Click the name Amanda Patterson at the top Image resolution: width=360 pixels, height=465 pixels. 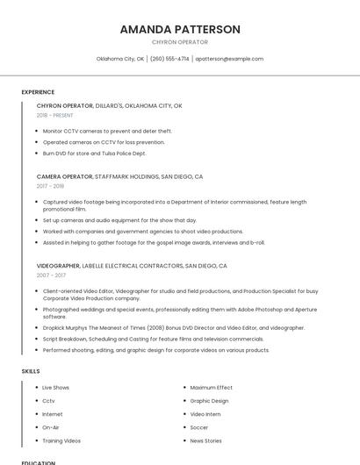point(180,29)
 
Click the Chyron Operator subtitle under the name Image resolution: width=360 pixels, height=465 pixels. point(180,42)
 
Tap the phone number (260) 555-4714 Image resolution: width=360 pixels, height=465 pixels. point(169,59)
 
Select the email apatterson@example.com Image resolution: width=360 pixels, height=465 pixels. point(229,59)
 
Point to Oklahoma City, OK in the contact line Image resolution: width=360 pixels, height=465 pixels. point(120,59)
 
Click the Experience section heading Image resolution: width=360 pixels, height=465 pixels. point(38,91)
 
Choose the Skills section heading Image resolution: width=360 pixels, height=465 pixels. point(31,371)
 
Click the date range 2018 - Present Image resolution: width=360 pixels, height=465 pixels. point(55,115)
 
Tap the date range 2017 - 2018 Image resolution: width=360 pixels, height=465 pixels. point(51,186)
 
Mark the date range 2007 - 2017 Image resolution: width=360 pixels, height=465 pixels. point(51,275)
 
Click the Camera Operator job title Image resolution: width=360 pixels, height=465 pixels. point(65,176)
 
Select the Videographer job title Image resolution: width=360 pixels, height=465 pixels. point(58,265)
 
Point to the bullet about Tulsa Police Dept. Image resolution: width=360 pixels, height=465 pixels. point(95,153)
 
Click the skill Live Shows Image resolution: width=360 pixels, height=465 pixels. point(56,387)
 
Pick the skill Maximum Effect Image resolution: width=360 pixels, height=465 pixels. point(212,387)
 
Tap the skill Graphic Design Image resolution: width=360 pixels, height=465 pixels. point(209,401)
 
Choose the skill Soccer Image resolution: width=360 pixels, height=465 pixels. point(199,427)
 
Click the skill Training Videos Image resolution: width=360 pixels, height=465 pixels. point(61,440)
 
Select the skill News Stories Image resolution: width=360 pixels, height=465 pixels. point(206,440)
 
